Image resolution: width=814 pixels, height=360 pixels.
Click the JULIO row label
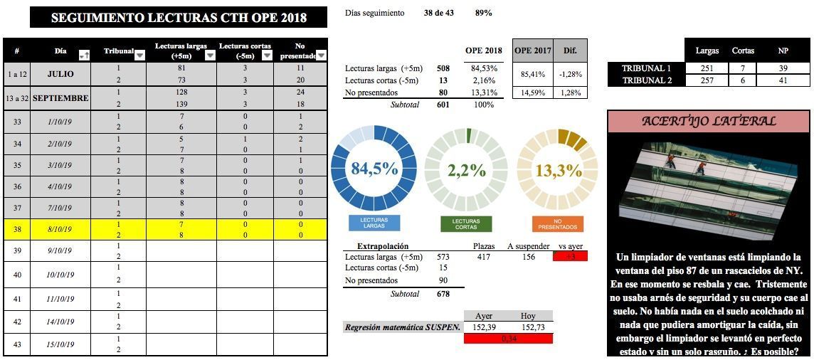[60, 74]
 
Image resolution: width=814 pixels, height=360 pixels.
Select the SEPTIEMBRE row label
[60, 98]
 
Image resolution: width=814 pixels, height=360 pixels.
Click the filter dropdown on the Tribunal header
[139, 55]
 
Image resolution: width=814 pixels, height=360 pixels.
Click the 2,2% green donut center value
[467, 170]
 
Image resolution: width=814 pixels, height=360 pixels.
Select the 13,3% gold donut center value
[559, 170]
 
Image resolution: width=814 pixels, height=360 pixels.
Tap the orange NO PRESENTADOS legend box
[558, 224]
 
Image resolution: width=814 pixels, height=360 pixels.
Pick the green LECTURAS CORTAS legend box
[466, 224]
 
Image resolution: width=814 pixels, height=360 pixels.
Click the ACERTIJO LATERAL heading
[709, 121]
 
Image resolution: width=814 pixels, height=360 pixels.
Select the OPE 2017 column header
[533, 51]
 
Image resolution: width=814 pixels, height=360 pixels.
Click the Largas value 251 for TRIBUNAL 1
[707, 68]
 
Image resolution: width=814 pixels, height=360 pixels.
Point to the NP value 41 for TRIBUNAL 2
[783, 80]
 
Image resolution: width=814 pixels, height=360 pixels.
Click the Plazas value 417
[483, 257]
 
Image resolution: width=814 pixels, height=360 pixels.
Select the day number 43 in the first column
[16, 344]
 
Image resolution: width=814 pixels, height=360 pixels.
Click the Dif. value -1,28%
[571, 74]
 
